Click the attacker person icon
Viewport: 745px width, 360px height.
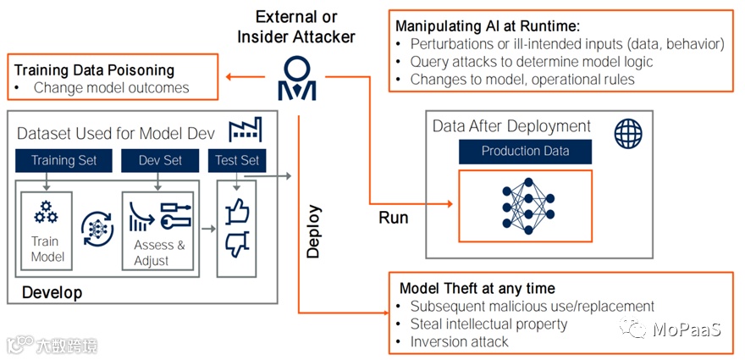tap(298, 78)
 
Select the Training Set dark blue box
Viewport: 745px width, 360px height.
tap(63, 160)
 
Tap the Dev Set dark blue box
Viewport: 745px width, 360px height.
tap(160, 160)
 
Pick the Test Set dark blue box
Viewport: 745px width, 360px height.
tap(237, 160)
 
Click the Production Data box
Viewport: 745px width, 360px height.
tap(525, 152)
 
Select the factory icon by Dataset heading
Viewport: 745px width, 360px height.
tap(246, 130)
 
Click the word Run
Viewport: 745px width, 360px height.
tap(393, 218)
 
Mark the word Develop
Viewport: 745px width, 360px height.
tap(52, 293)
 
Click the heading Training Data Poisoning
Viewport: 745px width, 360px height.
tap(94, 70)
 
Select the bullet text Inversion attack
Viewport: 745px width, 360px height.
tap(459, 341)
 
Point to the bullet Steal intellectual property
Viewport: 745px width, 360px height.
tap(488, 324)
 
